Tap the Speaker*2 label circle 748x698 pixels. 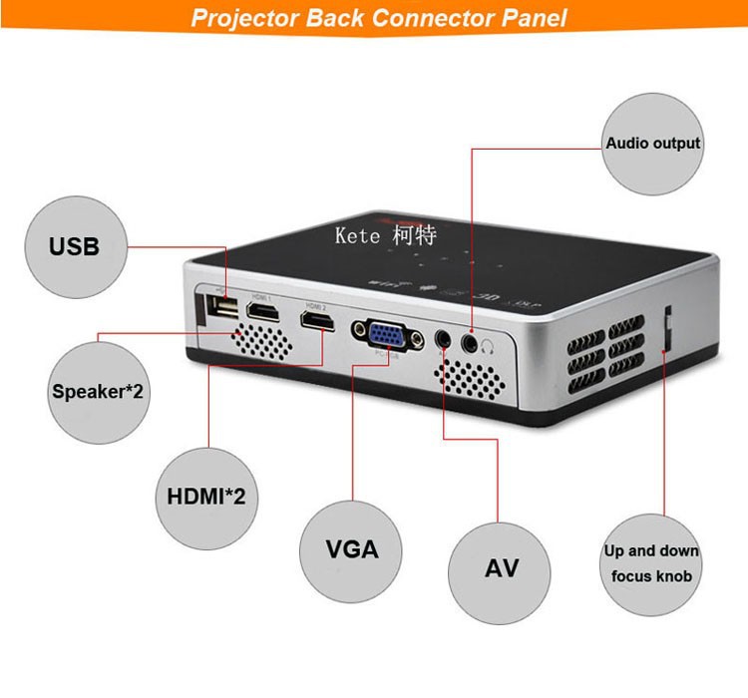click(97, 390)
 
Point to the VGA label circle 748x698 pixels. click(351, 550)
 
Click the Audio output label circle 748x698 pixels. click(653, 144)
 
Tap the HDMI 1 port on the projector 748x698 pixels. click(262, 317)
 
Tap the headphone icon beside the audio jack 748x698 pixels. click(489, 346)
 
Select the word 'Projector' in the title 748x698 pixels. click(243, 18)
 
